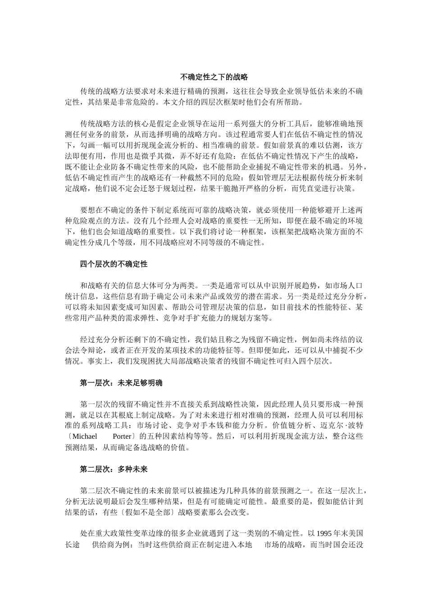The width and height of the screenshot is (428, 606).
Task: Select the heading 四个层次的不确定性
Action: coord(114,264)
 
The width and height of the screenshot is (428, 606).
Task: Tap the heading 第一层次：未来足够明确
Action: coord(121,383)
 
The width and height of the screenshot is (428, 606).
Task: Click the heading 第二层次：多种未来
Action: coord(114,469)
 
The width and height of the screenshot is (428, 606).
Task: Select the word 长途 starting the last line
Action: coord(73,544)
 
